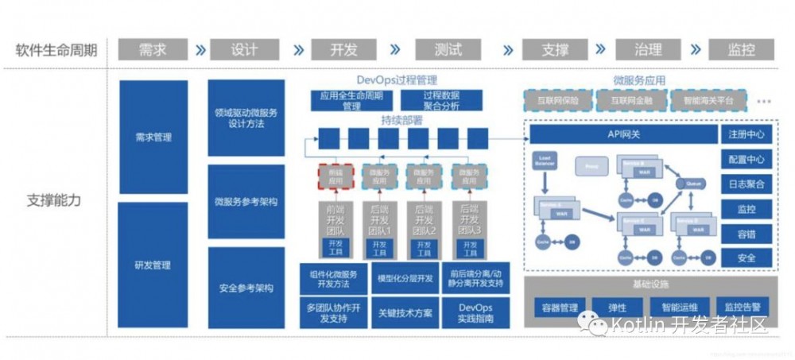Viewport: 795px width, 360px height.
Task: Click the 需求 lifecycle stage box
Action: pos(153,49)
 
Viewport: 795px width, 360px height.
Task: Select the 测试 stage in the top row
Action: pos(448,49)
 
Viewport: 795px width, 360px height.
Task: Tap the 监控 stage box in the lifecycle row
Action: pos(740,49)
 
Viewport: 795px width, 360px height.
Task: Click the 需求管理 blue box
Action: pos(153,137)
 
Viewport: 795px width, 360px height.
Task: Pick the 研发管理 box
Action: pos(153,265)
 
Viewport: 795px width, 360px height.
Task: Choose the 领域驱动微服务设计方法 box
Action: pos(246,118)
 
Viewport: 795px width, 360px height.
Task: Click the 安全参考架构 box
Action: pos(246,288)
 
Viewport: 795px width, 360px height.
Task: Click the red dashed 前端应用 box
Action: pos(334,176)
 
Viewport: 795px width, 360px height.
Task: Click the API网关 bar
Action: pos(620,134)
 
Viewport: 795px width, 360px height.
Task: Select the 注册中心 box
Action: pos(746,134)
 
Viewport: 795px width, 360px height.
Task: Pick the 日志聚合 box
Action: pos(746,184)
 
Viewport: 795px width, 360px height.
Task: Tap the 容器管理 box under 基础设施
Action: pos(558,306)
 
